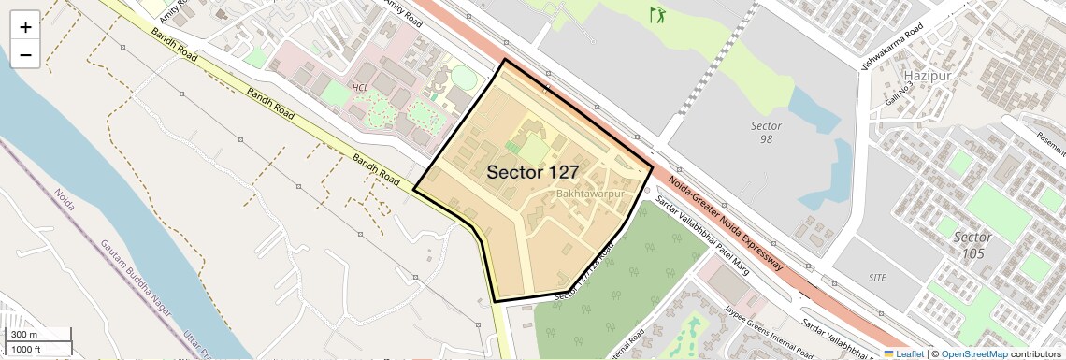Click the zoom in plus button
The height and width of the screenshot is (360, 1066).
point(25,27)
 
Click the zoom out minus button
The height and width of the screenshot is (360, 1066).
point(25,55)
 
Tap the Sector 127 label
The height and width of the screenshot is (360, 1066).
point(532,172)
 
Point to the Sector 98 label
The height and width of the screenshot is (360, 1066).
point(766,132)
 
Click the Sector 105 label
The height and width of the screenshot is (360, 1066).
point(972,245)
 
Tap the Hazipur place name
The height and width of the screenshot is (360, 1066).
point(928,74)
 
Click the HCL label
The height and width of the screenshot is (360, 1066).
point(360,87)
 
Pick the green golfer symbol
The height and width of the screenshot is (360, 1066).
point(658,15)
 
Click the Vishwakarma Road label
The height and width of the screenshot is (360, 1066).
point(893,41)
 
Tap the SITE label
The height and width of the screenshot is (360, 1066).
point(877,278)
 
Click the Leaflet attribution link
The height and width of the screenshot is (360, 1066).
point(903,353)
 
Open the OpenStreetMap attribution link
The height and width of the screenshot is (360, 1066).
point(973,353)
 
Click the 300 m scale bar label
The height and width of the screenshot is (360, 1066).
point(24,335)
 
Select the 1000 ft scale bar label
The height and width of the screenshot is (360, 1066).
point(26,349)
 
